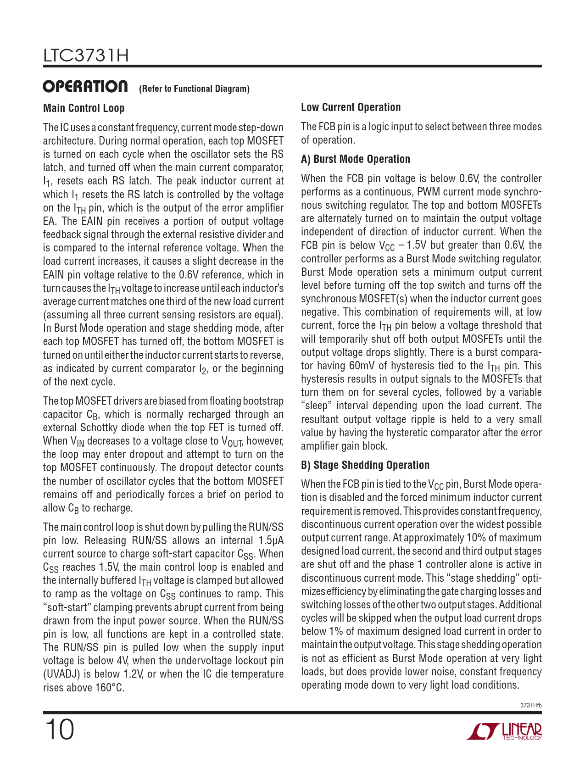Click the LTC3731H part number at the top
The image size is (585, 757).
[86, 56]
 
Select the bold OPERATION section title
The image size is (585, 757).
[85, 87]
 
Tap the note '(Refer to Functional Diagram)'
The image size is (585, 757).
[194, 89]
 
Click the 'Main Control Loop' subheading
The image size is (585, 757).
[84, 108]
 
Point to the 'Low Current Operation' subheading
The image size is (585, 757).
[351, 107]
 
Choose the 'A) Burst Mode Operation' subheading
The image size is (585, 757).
[355, 159]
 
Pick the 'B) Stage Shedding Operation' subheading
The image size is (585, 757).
[365, 465]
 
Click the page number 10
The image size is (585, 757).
[59, 729]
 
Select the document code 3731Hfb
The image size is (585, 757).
[531, 705]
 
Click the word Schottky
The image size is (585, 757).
[99, 428]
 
